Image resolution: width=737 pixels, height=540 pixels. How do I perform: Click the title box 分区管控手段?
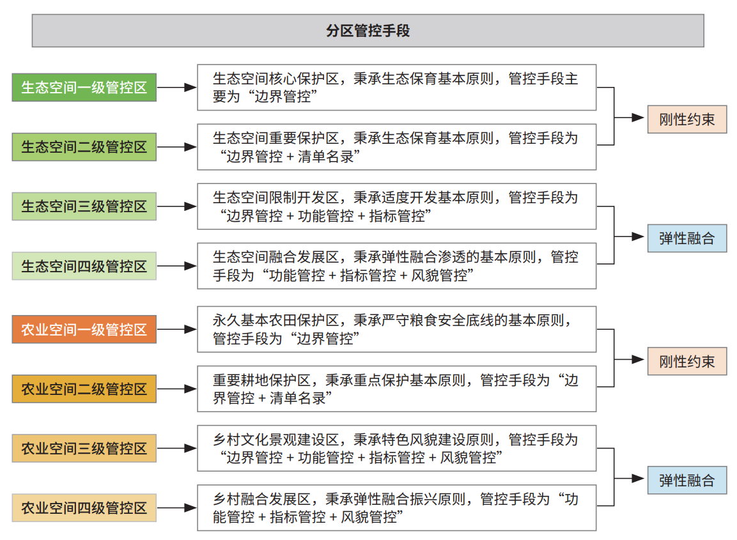[368, 31]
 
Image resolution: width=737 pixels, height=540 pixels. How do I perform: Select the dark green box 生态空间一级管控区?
[84, 88]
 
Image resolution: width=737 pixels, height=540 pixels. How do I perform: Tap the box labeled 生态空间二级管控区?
[84, 147]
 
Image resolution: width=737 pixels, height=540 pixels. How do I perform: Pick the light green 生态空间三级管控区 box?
[84, 206]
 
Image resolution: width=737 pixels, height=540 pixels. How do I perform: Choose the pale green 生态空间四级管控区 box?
[84, 266]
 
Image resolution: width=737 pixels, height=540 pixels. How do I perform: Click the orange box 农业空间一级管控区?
[84, 330]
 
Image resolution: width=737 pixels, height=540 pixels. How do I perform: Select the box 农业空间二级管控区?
[84, 389]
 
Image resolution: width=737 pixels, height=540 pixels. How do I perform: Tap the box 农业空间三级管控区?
[84, 449]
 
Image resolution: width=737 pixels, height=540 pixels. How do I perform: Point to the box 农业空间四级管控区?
[84, 508]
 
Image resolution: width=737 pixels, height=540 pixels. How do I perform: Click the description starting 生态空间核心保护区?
[397, 88]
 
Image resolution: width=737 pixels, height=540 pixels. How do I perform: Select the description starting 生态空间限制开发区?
[397, 206]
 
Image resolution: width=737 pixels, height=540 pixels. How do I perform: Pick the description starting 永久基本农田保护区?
[397, 330]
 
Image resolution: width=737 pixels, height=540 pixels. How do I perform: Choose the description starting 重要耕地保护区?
[397, 389]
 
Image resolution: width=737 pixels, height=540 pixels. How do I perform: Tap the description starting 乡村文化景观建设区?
[397, 449]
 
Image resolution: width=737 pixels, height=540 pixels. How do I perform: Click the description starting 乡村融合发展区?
[397, 508]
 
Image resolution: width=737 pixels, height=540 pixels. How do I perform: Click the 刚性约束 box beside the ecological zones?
[687, 120]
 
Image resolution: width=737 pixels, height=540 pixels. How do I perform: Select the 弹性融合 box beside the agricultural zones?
[687, 481]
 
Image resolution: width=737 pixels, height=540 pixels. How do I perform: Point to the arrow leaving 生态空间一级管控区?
[176, 88]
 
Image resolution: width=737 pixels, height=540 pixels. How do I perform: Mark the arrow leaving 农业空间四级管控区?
[176, 508]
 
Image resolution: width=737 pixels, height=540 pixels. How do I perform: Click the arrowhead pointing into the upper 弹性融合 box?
[638, 236]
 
